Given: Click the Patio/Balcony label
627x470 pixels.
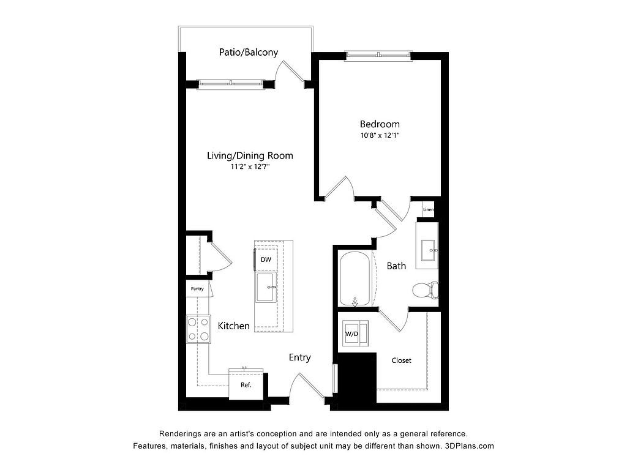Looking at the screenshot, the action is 249,53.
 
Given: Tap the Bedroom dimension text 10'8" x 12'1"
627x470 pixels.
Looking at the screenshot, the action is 380,135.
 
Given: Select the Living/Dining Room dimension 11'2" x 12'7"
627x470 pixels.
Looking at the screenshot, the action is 250,166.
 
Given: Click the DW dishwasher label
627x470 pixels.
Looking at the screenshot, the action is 266,259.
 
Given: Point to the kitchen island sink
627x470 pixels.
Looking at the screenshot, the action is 266,288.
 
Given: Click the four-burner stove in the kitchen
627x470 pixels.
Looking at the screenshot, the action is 199,329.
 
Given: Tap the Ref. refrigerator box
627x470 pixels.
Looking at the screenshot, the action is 246,385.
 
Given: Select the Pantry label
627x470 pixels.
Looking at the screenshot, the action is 197,289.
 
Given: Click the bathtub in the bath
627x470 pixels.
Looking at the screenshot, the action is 355,278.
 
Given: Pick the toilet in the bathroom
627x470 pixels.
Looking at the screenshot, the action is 426,290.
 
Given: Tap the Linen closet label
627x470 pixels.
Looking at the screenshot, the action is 428,210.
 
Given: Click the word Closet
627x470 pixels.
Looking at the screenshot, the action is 402,360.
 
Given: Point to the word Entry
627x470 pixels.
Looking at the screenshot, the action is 300,357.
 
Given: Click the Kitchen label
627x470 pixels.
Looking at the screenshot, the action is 233,326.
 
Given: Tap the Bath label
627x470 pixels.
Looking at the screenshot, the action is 396,266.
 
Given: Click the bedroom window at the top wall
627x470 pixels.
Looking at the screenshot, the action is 378,55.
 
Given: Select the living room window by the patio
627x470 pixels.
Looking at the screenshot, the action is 231,83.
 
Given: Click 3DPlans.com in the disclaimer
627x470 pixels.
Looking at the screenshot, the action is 470,446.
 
